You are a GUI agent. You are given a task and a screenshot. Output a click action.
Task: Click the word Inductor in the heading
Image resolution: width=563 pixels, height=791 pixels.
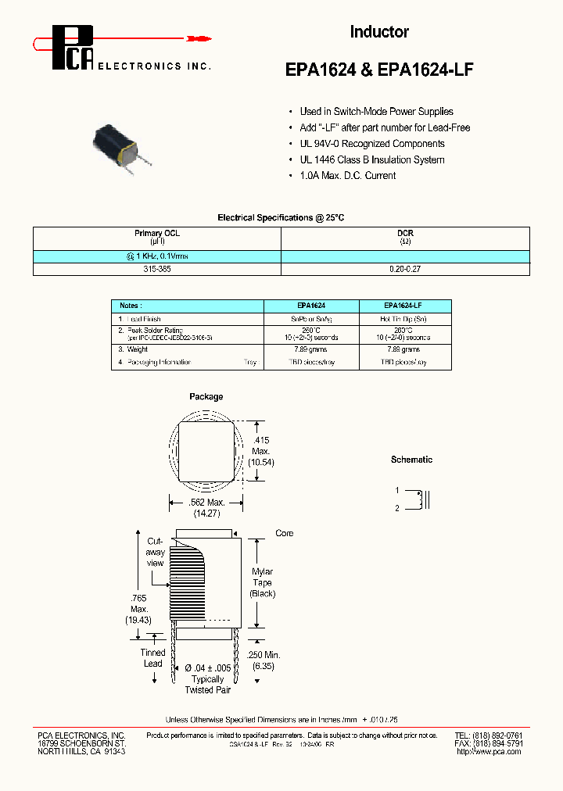[x=379, y=32]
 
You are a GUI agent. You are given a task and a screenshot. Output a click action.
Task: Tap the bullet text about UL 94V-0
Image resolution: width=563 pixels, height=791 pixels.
[x=372, y=144]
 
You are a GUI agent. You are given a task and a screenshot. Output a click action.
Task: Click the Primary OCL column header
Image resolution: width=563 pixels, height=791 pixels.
[x=156, y=234]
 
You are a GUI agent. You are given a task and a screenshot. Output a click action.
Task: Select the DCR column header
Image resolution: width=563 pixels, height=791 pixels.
[x=405, y=234]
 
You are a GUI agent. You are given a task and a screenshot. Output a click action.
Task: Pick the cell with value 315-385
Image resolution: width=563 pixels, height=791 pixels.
[x=156, y=269]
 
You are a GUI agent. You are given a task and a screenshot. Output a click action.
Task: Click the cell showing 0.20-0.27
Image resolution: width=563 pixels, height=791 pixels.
[x=405, y=269]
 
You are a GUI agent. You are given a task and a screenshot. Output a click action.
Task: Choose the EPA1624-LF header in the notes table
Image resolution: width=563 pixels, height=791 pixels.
[x=404, y=306]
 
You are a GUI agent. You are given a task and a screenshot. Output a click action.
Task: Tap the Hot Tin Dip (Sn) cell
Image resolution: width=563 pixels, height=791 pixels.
[x=404, y=320]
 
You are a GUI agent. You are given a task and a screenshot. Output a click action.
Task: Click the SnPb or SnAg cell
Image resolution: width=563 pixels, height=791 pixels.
[x=311, y=320]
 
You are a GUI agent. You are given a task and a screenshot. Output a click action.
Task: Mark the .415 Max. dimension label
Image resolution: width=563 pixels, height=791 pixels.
[x=260, y=451]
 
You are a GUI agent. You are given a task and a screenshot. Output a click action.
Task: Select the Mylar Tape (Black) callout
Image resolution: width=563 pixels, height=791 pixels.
[x=263, y=583]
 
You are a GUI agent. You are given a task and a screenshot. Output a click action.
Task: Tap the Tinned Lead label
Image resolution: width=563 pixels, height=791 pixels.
[x=152, y=658]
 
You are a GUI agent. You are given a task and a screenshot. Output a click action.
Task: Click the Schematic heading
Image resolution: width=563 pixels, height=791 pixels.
[x=411, y=460]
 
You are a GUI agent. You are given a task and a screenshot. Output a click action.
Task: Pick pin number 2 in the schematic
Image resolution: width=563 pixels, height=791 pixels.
[x=397, y=508]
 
